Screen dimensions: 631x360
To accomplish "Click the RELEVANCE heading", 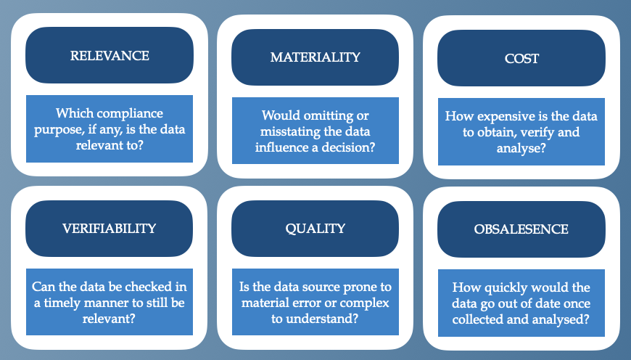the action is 110,56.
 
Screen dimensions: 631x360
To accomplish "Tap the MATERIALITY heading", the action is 315,57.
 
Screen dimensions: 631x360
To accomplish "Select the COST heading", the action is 521,58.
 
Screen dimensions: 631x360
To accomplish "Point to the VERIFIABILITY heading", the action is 109,229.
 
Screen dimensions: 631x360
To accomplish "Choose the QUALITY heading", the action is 315,229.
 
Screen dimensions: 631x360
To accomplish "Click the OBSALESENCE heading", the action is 521,229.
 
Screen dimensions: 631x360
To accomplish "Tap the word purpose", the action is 53,130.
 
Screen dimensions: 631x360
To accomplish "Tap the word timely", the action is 62,303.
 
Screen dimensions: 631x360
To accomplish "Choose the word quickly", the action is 505,288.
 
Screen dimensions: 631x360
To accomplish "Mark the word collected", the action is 474,319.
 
